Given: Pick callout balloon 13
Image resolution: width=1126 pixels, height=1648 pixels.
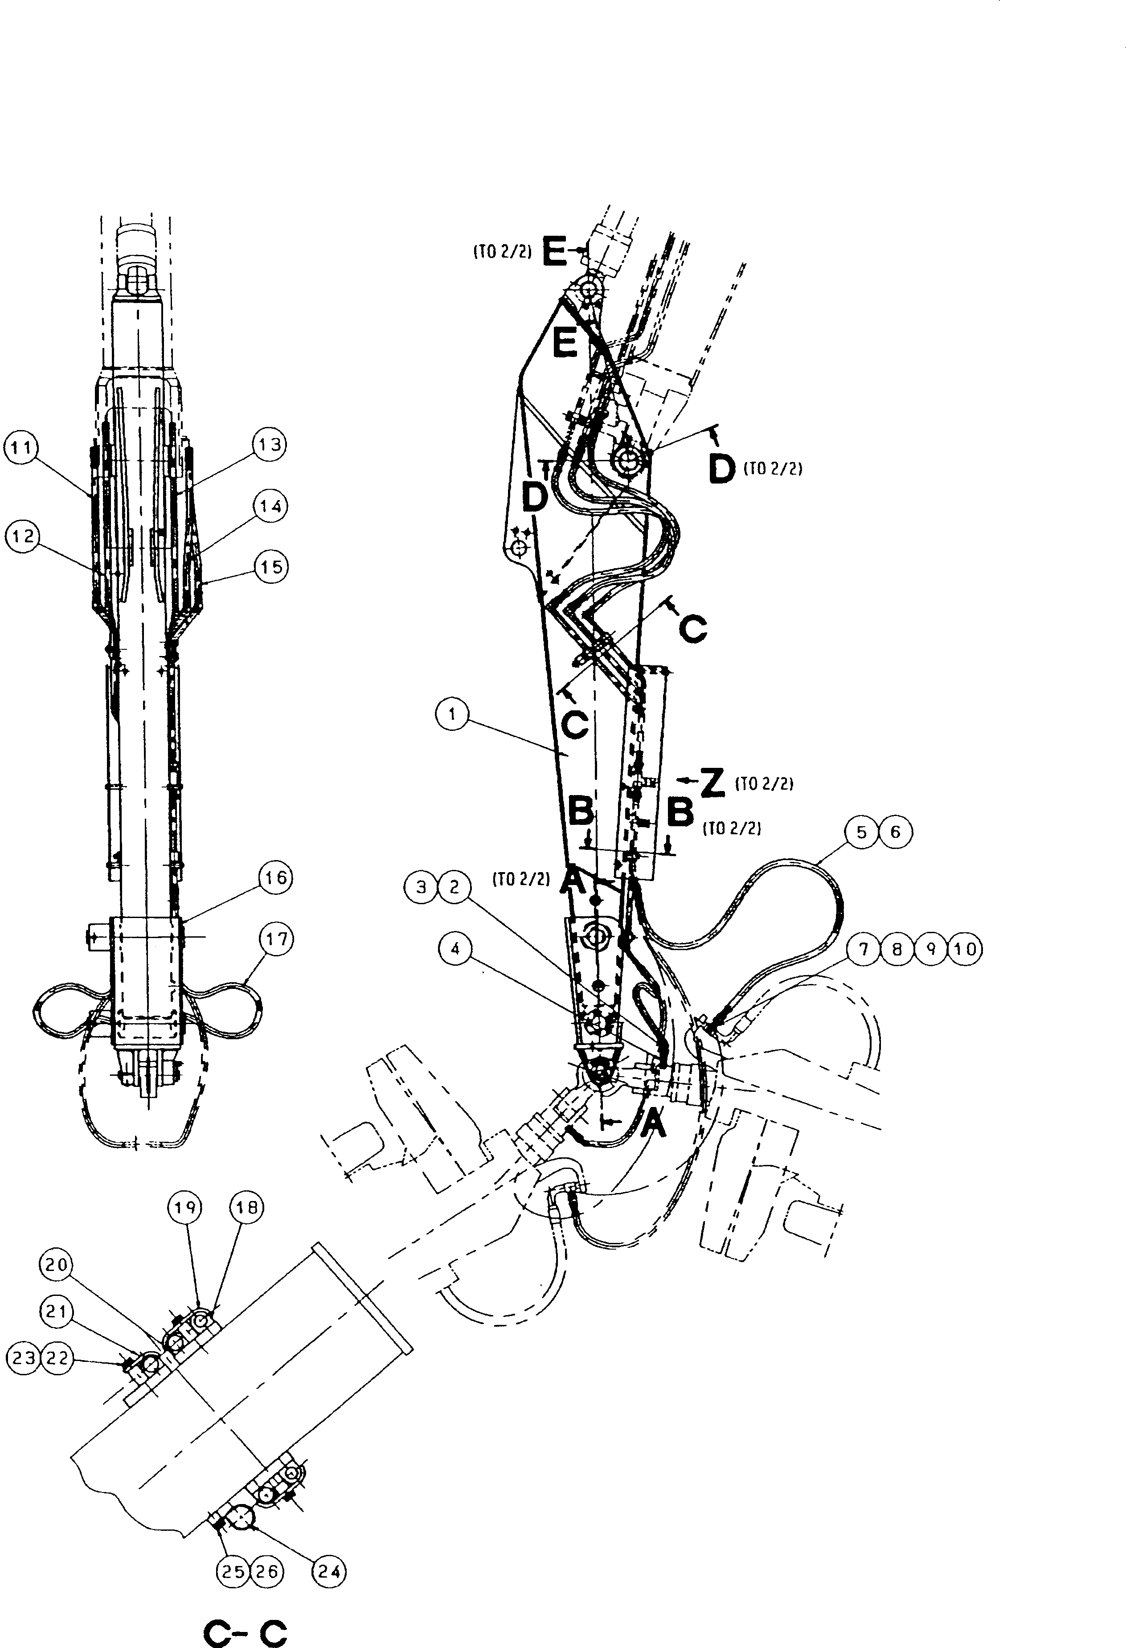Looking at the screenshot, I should click(x=270, y=445).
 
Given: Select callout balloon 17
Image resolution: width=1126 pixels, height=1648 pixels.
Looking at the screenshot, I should click(x=277, y=939).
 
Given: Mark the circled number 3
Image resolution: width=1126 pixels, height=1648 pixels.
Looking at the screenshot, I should click(x=422, y=887).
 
